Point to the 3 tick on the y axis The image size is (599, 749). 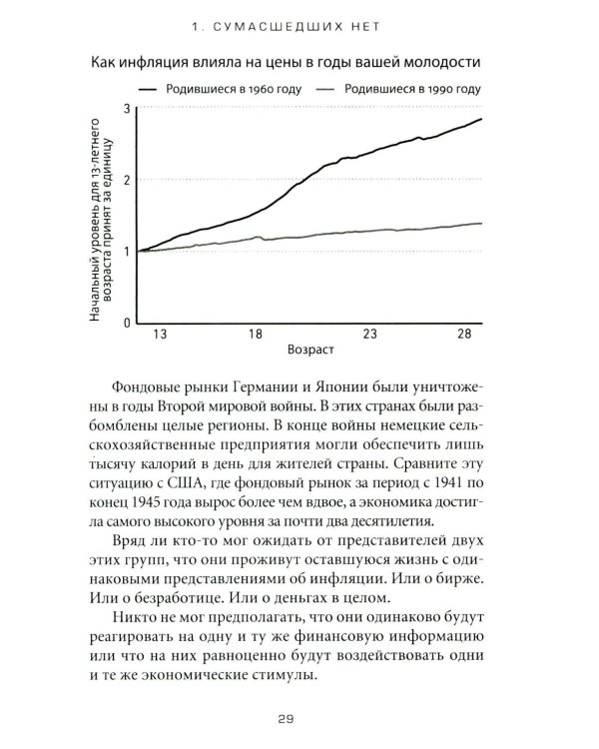coord(127,108)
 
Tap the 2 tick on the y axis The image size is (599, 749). coord(127,180)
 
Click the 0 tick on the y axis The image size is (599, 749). coord(127,324)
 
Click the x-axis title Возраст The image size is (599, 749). coord(307,353)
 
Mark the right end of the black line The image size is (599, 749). coord(482,119)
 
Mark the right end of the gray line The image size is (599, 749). coord(482,224)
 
